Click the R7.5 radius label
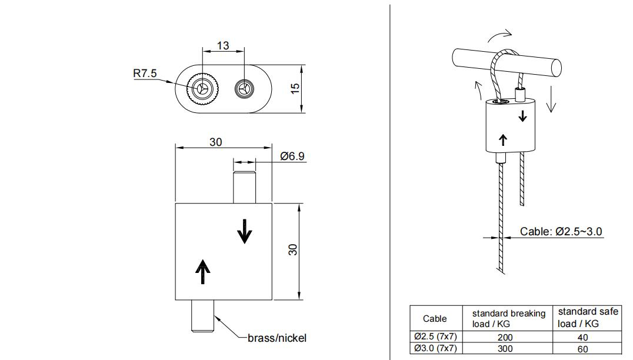coord(145,74)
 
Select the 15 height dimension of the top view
coord(295,88)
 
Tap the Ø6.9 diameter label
coord(292,156)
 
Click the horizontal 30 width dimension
coord(216,142)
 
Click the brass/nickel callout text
coord(276,338)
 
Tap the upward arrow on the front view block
coord(202,271)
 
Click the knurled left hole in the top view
coord(202,89)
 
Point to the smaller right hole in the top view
coord(244,89)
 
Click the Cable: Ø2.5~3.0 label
coord(561,231)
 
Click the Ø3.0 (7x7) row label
coord(435,348)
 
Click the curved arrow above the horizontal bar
coord(500,34)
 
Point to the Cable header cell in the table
coord(435,318)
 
